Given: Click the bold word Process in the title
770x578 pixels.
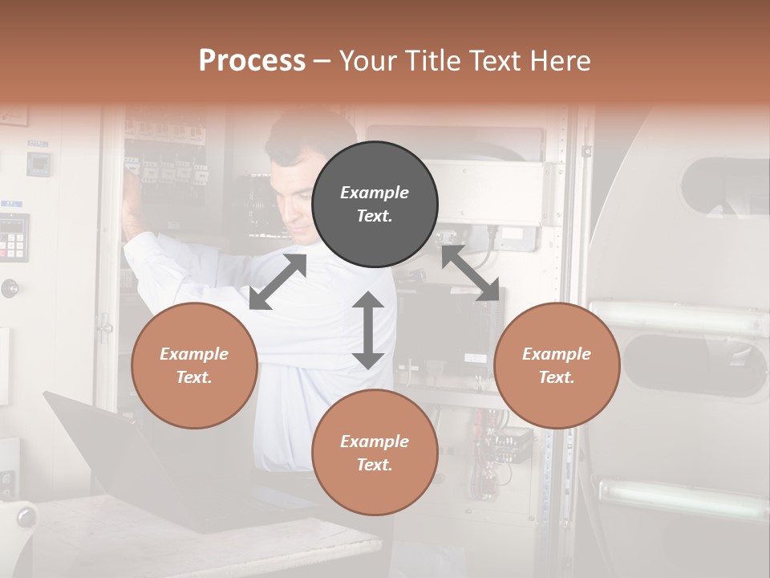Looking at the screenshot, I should pyautogui.click(x=252, y=61).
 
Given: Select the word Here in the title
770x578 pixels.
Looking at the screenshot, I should pyautogui.click(x=558, y=61).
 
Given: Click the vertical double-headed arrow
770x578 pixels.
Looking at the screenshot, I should pyautogui.click(x=368, y=330).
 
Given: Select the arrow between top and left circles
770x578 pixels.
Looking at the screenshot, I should pyautogui.click(x=278, y=282).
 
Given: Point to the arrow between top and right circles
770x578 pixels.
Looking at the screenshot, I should pyautogui.click(x=471, y=274).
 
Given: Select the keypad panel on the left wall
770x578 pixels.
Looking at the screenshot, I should pyautogui.click(x=14, y=237).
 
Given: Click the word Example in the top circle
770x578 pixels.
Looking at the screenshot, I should pyautogui.click(x=375, y=193).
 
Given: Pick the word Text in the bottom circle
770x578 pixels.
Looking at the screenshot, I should pyautogui.click(x=375, y=465).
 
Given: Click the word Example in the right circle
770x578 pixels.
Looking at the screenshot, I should pyautogui.click(x=557, y=354).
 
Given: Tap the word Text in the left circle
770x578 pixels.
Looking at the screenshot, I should pyautogui.click(x=194, y=377).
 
